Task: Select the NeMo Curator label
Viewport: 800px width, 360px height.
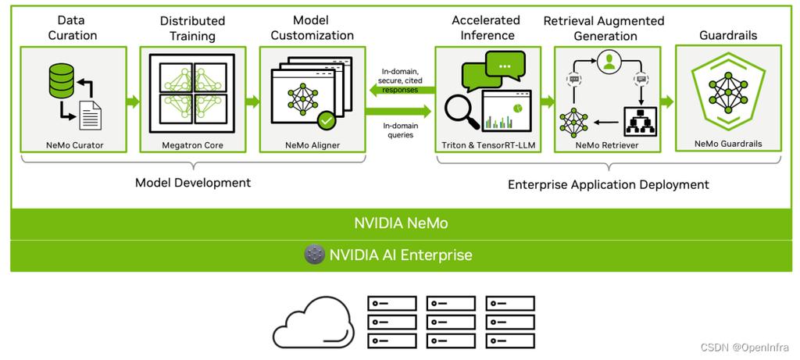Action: (x=73, y=144)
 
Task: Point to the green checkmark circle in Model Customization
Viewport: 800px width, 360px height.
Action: (x=326, y=120)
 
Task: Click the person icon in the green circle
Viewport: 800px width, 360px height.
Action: (x=608, y=62)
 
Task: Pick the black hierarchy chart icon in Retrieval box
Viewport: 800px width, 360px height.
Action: (x=641, y=121)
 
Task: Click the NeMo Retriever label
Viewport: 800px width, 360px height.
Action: (x=607, y=144)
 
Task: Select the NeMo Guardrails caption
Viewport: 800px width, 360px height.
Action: (x=728, y=143)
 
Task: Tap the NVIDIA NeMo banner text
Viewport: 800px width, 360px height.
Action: (x=401, y=223)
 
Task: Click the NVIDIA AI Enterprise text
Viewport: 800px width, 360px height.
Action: (x=401, y=255)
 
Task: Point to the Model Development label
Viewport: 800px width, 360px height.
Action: (x=193, y=183)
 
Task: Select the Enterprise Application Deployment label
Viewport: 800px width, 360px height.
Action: (x=609, y=184)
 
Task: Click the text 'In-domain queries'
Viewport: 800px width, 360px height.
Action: (x=399, y=130)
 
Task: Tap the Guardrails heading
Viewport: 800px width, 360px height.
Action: (x=729, y=35)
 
